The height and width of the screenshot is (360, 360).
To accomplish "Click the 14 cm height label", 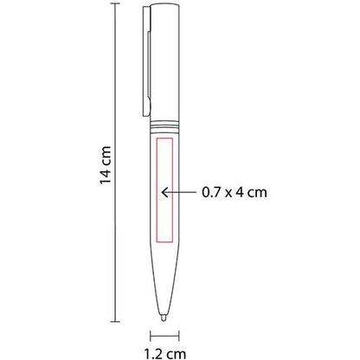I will tap(106, 165).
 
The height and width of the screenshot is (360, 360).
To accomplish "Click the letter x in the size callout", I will tap(228, 192).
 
